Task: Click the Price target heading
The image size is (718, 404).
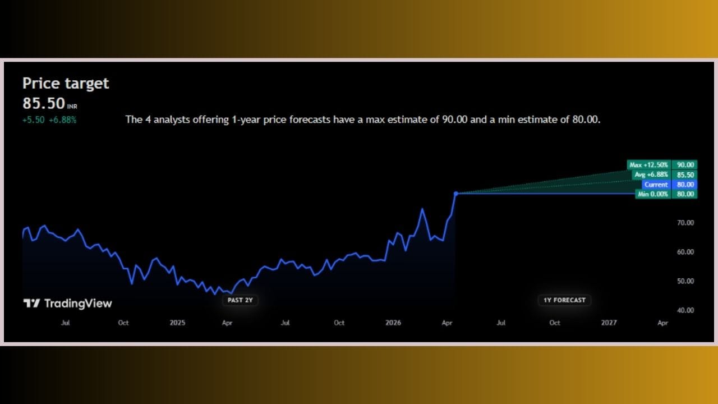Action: tap(66, 84)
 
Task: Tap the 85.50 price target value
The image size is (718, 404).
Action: tap(44, 104)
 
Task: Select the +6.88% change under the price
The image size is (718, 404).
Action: tap(62, 120)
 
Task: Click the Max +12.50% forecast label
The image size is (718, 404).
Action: tap(649, 165)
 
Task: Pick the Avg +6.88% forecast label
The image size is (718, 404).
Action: tap(651, 175)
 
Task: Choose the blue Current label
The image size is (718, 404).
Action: tap(656, 185)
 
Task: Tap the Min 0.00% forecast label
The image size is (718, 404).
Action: tap(653, 194)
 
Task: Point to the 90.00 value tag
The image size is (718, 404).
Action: tap(685, 165)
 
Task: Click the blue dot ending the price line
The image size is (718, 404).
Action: tap(456, 194)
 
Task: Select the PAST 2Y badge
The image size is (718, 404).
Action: tap(240, 300)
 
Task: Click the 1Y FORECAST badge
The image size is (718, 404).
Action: tap(564, 300)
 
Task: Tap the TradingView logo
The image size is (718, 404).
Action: tap(68, 304)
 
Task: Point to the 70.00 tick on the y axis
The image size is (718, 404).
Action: tap(685, 223)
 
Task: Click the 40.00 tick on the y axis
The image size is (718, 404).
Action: tap(685, 310)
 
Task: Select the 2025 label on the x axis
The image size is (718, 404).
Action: tap(177, 323)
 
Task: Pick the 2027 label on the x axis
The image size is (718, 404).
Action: tap(609, 323)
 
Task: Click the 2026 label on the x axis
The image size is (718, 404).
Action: tap(393, 323)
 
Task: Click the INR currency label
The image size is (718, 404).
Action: tap(72, 107)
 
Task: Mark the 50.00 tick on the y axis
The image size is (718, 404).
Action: tap(685, 281)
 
